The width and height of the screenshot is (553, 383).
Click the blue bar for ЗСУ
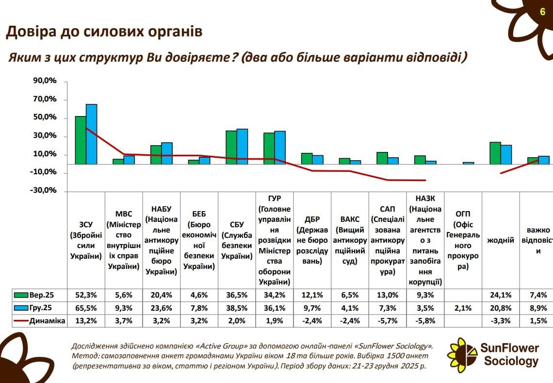(x=92, y=134)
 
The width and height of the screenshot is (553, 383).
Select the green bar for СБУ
(x=231, y=148)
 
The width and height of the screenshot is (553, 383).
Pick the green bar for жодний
(x=495, y=153)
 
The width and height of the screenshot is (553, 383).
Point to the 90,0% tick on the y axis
(x=45, y=81)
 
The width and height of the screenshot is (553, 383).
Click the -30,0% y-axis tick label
(x=45, y=191)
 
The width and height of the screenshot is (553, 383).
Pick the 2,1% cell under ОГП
(x=463, y=308)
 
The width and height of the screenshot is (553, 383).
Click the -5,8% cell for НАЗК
(x=425, y=320)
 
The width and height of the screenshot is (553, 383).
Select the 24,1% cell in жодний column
(x=501, y=295)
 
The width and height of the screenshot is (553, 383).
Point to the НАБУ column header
(x=162, y=240)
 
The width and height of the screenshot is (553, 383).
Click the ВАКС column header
(x=350, y=240)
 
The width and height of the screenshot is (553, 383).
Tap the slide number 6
(x=542, y=12)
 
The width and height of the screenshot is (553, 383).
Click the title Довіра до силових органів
(x=104, y=32)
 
